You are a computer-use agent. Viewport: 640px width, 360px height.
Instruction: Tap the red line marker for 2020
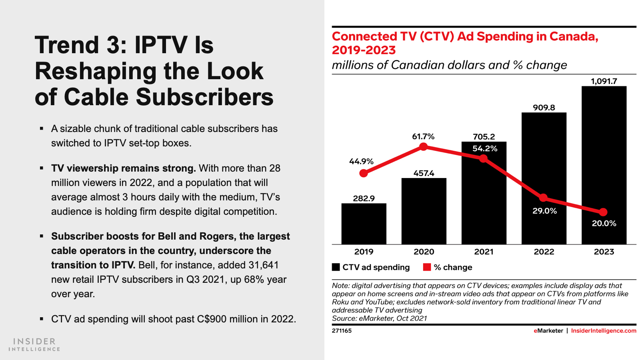[424, 147]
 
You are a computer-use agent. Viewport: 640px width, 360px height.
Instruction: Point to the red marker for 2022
[543, 198]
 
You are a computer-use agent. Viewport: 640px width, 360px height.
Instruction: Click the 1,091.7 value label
[604, 81]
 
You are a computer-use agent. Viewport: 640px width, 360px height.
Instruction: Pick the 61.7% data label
[423, 136]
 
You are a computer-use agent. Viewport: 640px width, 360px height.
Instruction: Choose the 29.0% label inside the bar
[544, 211]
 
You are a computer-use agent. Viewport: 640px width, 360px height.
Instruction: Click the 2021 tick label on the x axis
[484, 252]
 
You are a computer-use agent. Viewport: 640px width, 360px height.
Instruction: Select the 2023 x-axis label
[604, 252]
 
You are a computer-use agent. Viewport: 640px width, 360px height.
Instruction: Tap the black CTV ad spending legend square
[336, 267]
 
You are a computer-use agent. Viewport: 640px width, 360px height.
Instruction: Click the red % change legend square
[427, 267]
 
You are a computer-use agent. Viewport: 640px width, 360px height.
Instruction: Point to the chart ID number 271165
[342, 331]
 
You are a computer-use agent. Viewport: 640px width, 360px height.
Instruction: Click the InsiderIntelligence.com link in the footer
[603, 331]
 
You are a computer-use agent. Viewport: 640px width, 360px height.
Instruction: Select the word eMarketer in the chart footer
[548, 331]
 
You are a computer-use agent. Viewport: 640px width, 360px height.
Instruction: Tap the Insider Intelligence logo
[34, 344]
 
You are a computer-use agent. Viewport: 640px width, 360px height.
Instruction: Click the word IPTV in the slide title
[161, 45]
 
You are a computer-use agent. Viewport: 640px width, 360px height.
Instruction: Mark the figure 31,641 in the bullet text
[263, 265]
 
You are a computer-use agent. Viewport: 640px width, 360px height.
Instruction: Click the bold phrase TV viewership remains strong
[123, 168]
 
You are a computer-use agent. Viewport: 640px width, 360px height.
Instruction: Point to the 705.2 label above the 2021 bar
[484, 137]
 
